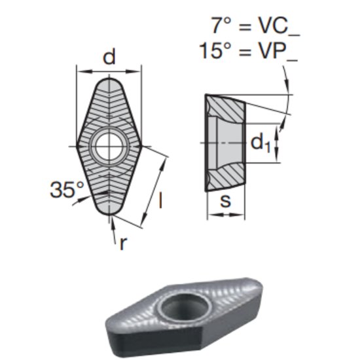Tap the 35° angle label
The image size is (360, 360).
click(x=67, y=190)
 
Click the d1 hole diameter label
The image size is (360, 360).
click(x=261, y=142)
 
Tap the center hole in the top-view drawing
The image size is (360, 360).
click(x=109, y=145)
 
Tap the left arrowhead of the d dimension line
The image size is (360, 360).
click(x=81, y=69)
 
